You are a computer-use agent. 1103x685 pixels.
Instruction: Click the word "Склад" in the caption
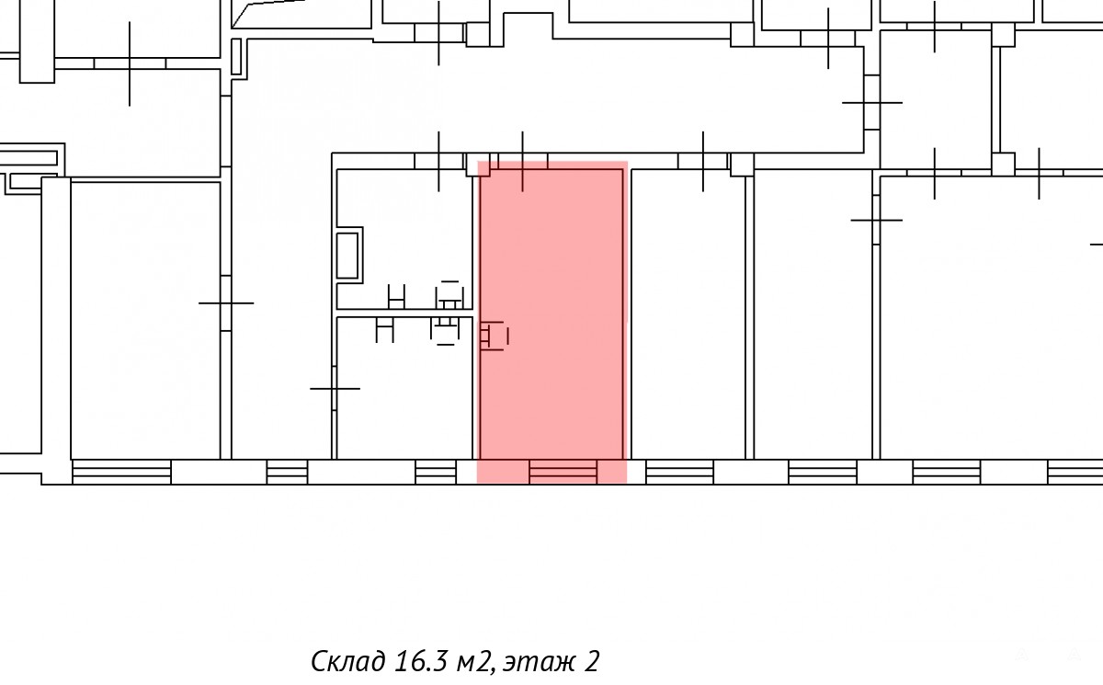click(348, 661)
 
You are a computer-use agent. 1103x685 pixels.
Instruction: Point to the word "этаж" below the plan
click(539, 663)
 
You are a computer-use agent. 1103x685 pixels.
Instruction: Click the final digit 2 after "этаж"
click(592, 661)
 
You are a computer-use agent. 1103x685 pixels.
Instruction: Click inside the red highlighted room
click(551, 315)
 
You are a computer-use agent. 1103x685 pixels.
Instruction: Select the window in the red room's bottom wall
click(563, 473)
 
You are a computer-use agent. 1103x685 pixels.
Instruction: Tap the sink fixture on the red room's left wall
click(494, 337)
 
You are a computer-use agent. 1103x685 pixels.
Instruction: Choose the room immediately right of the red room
click(688, 314)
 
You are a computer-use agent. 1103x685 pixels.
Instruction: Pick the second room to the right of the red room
click(813, 314)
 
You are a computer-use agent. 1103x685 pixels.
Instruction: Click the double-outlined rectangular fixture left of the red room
click(348, 255)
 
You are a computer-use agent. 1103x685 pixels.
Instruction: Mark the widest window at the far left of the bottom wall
click(121, 473)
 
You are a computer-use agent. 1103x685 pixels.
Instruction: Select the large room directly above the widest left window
click(145, 320)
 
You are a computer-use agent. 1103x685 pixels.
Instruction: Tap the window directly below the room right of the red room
click(679, 473)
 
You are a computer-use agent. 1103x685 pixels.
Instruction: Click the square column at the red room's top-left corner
click(478, 165)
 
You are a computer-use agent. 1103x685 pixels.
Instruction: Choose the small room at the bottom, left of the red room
click(404, 388)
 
